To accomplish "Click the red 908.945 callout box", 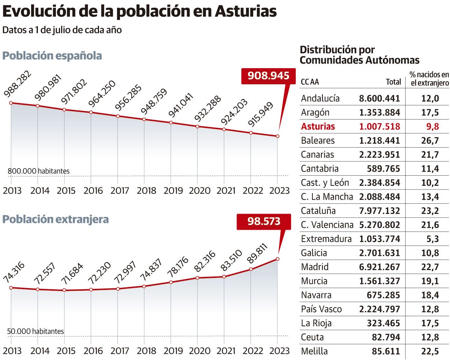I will tap(268, 76).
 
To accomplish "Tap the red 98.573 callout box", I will tap(264, 221).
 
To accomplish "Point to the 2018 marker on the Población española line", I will tap(144, 120).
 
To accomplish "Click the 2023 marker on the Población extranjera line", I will tap(277, 259).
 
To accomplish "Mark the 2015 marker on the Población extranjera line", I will tap(64, 290).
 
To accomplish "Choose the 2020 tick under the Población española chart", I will tap(199, 191).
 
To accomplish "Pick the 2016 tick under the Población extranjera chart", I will tap(93, 351).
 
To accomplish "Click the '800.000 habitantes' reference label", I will tap(39, 171).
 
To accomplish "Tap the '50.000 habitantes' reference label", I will tap(36, 332).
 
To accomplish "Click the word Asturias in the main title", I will tap(246, 12).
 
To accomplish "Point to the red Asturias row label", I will tap(318, 127).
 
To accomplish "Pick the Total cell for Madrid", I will tap(379, 267).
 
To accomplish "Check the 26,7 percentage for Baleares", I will tap(430, 141).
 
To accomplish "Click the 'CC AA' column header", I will tap(310, 82).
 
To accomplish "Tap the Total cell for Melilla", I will tap(384, 351).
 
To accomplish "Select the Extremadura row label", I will tap(326, 239).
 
